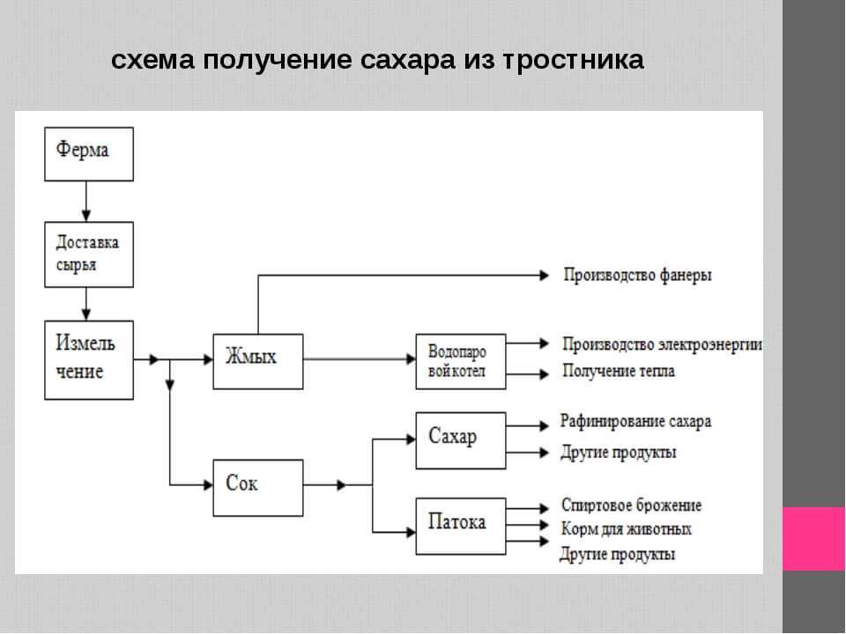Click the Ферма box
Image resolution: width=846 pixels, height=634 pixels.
point(89,154)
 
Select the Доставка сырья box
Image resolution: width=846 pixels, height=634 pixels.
point(89,254)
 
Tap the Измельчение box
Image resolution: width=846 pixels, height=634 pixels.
point(89,359)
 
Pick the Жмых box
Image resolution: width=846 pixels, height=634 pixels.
point(257,361)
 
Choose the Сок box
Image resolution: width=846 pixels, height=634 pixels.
point(257,487)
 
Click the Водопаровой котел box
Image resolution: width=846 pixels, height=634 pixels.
point(461,361)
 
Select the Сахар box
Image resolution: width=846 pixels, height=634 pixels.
point(461,439)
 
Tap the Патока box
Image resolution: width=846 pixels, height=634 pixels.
point(461,526)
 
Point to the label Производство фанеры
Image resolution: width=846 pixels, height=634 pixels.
point(637,275)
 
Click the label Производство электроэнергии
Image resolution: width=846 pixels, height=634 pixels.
point(662,343)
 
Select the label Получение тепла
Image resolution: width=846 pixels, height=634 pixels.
point(619,372)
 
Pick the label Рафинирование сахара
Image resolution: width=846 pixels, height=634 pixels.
point(635,422)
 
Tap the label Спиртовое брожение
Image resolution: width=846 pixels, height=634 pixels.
point(631,505)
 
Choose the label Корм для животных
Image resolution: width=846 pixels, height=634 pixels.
point(626,529)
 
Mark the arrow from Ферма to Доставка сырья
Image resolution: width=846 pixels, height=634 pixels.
point(86,201)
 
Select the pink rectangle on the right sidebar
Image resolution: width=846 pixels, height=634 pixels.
point(813,538)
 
